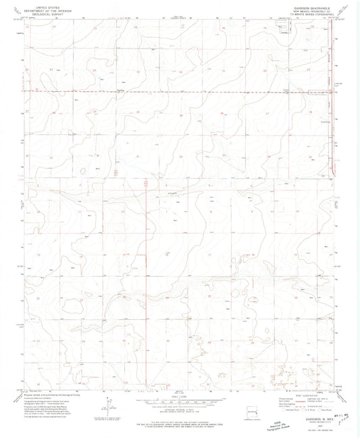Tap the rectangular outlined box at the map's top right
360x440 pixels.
click(x=282, y=27)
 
